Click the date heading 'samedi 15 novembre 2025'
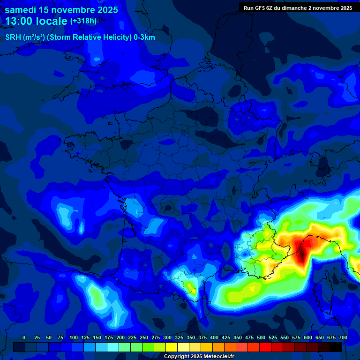(61, 9)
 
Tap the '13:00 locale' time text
(37, 21)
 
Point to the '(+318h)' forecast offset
(83, 21)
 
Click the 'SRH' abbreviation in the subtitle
(13, 37)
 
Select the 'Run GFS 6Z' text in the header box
(259, 8)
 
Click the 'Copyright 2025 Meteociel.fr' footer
(199, 356)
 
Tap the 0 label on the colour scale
(24, 337)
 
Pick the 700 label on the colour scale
(343, 337)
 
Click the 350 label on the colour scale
(191, 337)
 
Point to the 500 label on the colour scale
(261, 337)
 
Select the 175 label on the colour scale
(109, 337)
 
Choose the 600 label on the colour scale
(308, 337)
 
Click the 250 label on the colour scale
(144, 337)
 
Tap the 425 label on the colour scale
(226, 337)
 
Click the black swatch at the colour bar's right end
(336, 347)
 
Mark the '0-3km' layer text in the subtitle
(144, 37)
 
